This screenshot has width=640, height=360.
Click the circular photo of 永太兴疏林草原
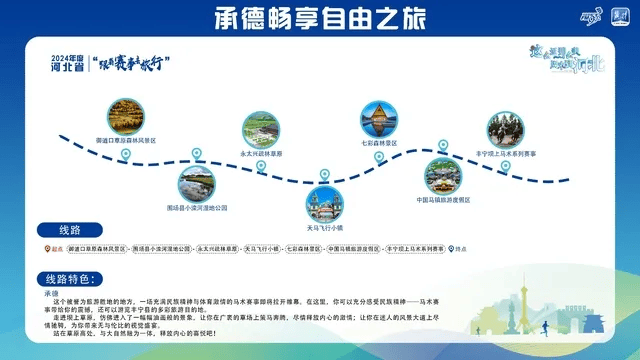pyautogui.click(x=262, y=130)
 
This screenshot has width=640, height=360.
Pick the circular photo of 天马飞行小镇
pyautogui.click(x=325, y=203)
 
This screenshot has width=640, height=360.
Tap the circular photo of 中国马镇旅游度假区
pyautogui.click(x=444, y=176)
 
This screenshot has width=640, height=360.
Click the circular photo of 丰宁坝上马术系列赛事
pyautogui.click(x=506, y=129)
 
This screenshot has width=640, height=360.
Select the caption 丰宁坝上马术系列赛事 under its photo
pyautogui.click(x=506, y=153)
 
